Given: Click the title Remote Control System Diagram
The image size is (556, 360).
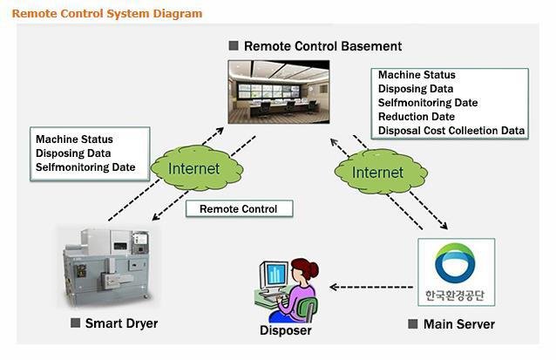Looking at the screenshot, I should [108, 13].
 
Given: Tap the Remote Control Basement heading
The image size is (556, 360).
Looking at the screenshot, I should [322, 45].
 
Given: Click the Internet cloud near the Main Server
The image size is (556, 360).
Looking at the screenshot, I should [376, 172].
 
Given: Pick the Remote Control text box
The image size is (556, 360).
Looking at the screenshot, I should [239, 209].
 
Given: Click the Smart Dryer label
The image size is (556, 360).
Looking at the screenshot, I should [121, 324].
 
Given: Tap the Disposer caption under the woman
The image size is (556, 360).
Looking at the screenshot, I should [285, 330].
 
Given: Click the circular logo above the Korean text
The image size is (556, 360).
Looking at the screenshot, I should [456, 263].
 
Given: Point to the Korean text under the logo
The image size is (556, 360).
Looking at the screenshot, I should [456, 294].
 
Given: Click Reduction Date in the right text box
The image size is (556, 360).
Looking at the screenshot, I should [416, 117].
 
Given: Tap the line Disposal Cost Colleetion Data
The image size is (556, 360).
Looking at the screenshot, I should [451, 131].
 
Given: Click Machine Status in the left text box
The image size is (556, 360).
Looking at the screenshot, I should [74, 139].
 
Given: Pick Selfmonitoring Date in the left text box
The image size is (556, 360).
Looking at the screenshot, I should [85, 166].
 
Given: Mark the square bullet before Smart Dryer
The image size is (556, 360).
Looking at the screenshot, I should [75, 323].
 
